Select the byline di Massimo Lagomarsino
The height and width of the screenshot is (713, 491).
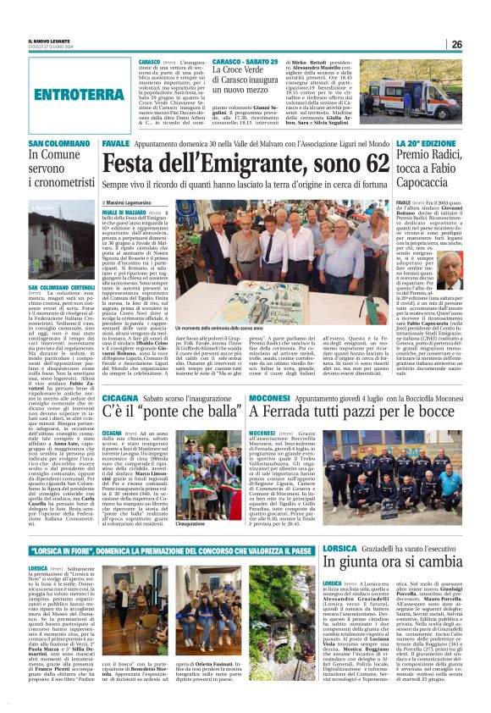(x=134, y=203)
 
